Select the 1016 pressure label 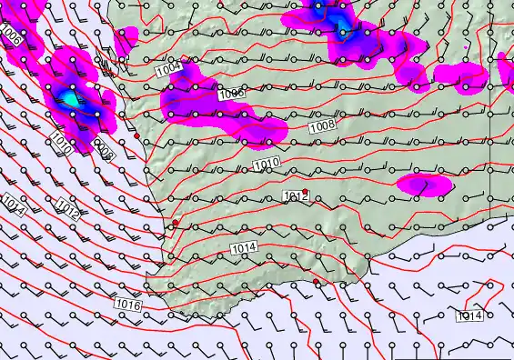click(128, 305)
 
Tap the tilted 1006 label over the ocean click(11, 36)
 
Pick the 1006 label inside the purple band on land click(231, 94)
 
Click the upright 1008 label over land click(321, 127)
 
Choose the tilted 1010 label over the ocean click(62, 142)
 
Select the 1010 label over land click(266, 164)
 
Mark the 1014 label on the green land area click(243, 248)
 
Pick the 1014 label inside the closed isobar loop click(469, 315)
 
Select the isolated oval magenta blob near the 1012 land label click(424, 185)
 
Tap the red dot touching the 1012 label click(306, 192)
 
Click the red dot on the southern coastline click(317, 282)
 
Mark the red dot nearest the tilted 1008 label click(136, 135)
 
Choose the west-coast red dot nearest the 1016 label click(176, 223)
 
